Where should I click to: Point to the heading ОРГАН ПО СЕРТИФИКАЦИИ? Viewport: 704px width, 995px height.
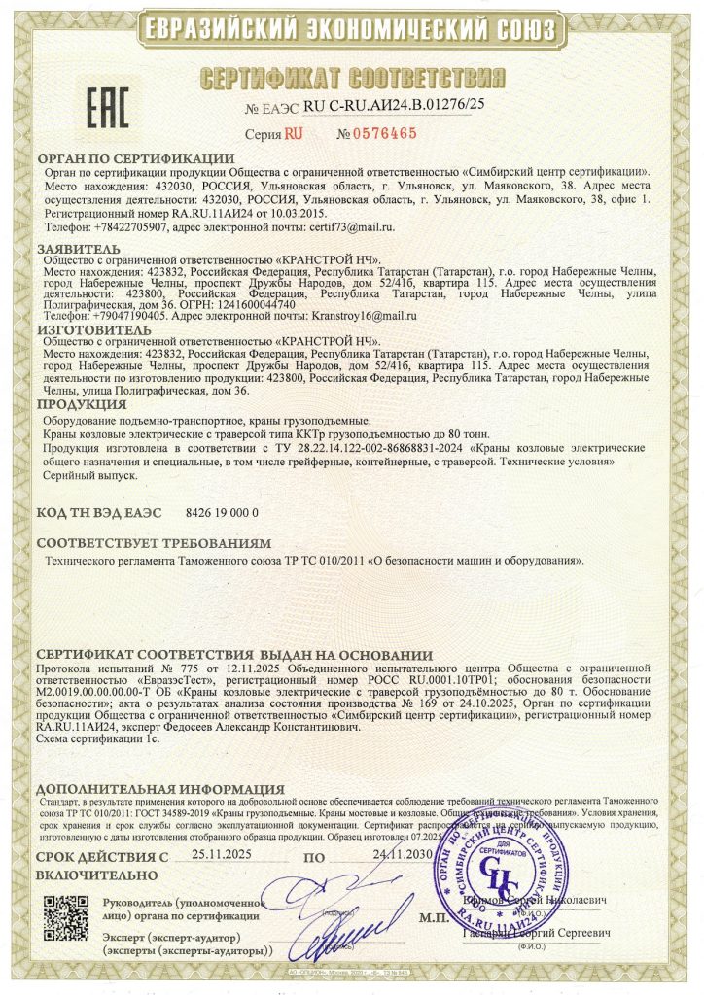pos(135,158)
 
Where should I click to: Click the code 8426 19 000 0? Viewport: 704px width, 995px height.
pos(222,510)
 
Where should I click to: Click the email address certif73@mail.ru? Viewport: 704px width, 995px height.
pos(346,226)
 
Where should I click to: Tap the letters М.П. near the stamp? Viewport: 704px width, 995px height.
pos(429,917)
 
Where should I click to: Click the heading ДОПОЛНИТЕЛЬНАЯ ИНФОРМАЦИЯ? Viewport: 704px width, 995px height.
pos(160,788)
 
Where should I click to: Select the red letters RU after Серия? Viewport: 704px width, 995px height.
pos(294,133)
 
